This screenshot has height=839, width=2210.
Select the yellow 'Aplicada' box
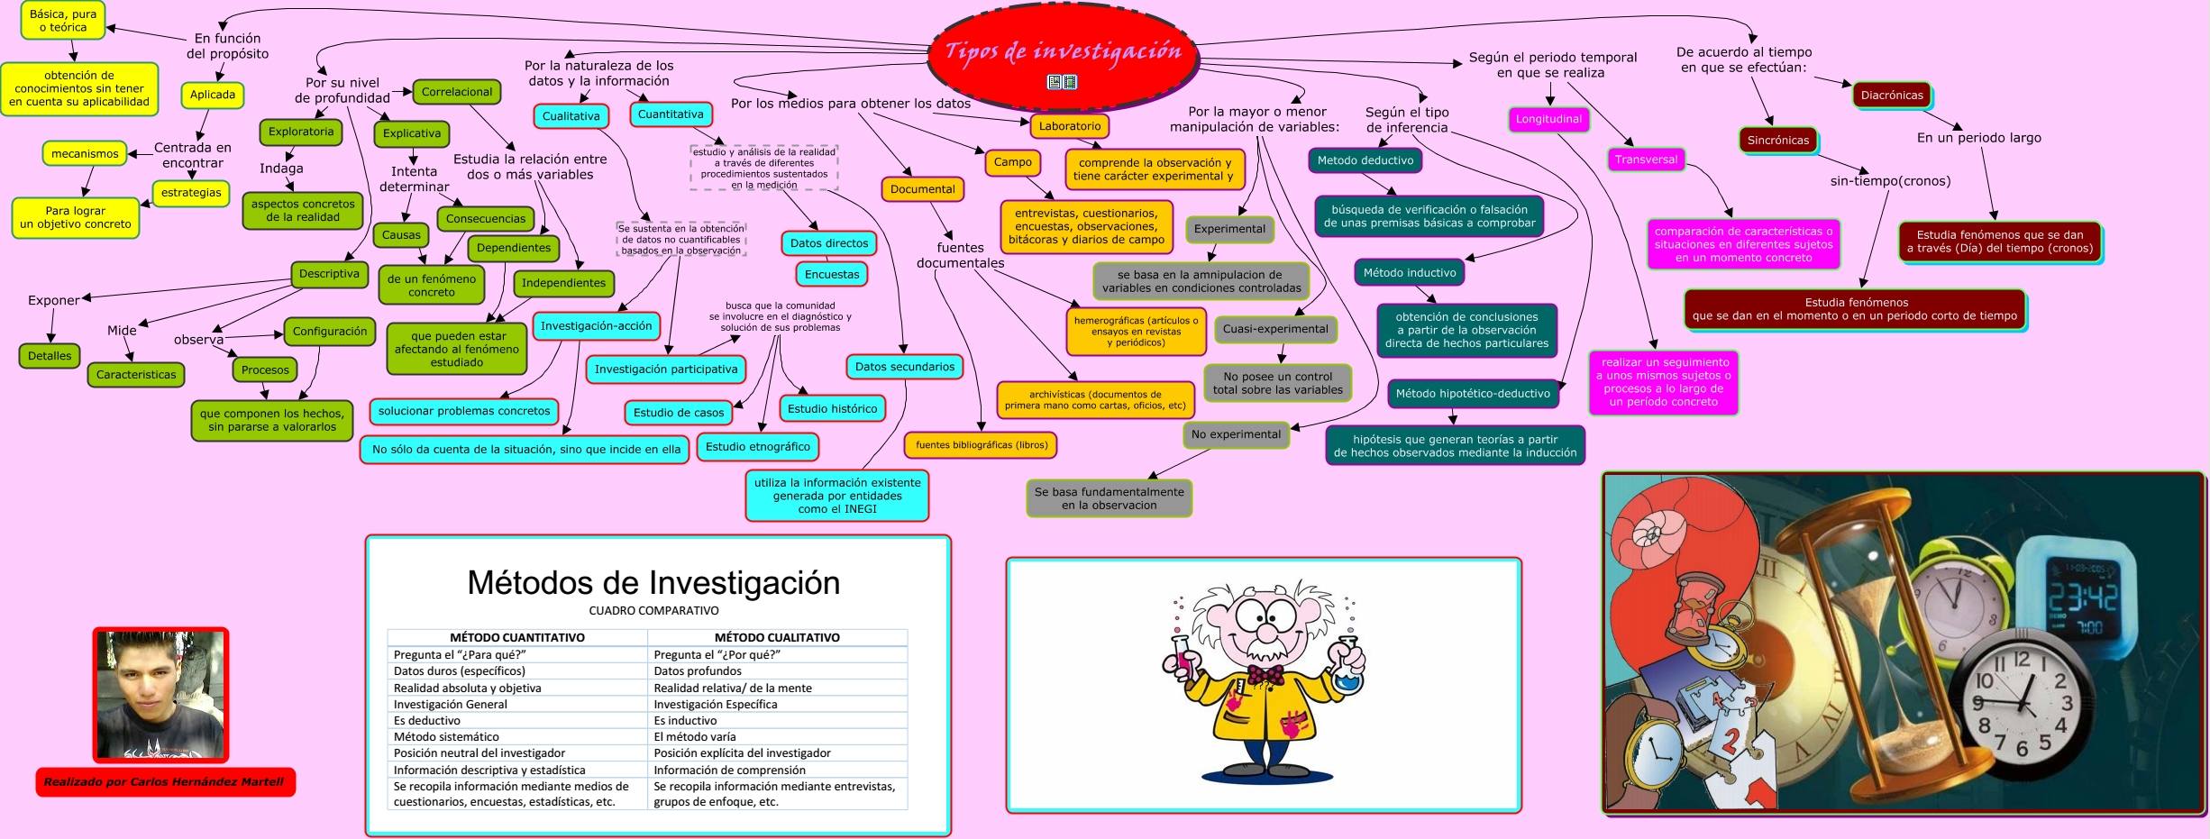213,95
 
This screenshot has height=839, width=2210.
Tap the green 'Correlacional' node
457,92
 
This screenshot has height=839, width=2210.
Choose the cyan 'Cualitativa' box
571,116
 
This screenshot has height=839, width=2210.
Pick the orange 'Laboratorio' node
1070,126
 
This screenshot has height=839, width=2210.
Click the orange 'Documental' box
922,189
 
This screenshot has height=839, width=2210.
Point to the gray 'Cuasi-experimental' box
1275,329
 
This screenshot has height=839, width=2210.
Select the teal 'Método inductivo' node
1410,272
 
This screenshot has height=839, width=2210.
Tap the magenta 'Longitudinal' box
1548,119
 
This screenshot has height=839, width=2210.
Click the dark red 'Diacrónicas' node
1892,96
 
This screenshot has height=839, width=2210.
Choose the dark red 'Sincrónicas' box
1778,141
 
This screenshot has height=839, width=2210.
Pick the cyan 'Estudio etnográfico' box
757,447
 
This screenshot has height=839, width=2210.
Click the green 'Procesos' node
265,369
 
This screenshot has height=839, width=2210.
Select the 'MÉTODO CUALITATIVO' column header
777,637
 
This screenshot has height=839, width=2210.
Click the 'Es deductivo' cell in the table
427,720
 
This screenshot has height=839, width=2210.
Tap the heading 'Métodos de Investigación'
653,583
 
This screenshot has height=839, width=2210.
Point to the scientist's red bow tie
1266,674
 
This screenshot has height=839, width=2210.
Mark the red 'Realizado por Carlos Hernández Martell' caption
164,781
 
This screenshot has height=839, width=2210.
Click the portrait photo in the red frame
160,695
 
